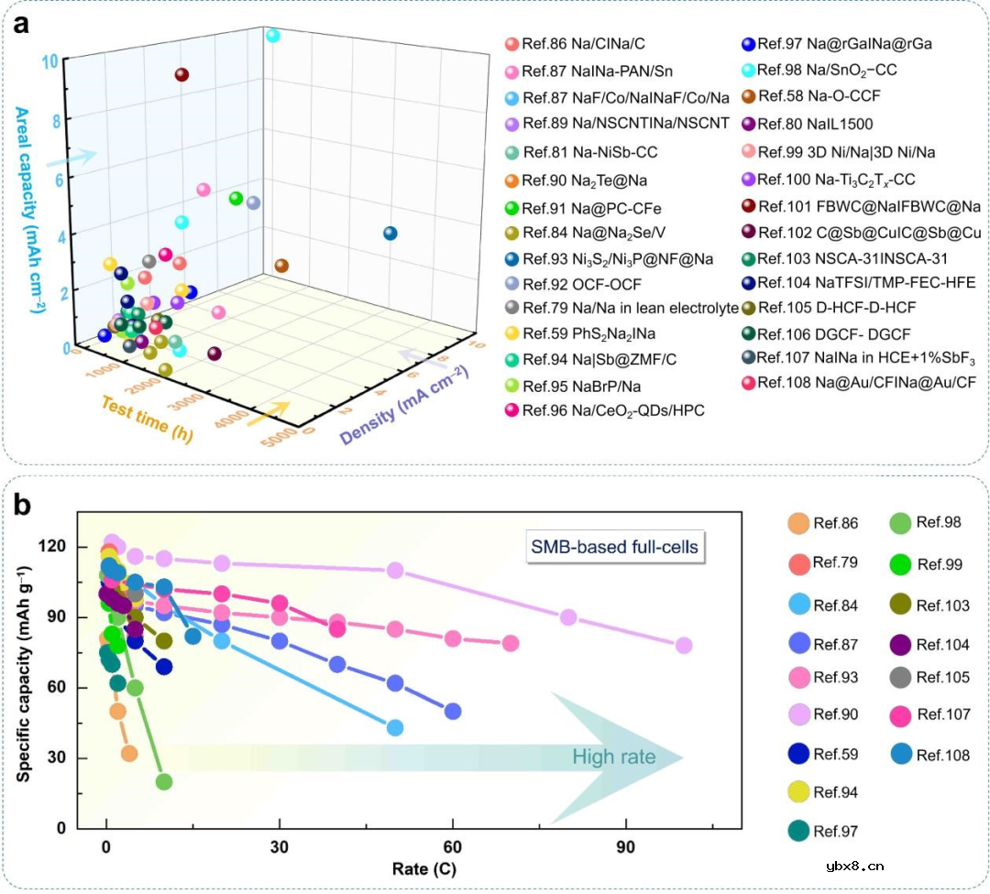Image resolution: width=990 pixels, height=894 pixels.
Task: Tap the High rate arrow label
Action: (x=613, y=757)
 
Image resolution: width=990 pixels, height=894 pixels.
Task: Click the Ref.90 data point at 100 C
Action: (x=683, y=645)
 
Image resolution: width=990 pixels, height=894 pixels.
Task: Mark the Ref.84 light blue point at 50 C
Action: (x=395, y=727)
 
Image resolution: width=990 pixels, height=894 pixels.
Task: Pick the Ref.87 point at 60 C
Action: (x=452, y=711)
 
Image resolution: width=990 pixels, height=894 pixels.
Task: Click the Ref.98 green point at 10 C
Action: (x=164, y=781)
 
